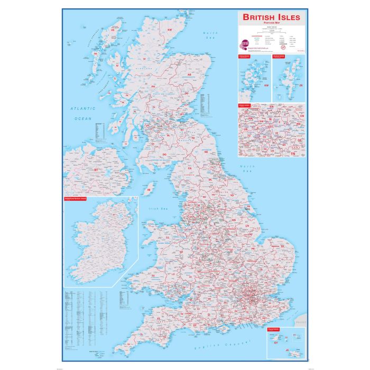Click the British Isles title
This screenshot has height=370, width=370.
click(271, 17)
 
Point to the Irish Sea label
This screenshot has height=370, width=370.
click(157, 209)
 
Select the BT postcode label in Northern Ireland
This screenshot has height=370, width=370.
click(96, 170)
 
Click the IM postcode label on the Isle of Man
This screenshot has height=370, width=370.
click(150, 189)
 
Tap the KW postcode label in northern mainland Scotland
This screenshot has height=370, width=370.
click(170, 30)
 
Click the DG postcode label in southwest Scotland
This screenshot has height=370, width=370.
click(164, 154)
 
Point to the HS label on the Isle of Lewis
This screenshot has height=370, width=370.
click(112, 30)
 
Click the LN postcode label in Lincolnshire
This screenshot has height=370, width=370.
click(246, 225)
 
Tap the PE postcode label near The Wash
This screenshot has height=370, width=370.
click(254, 247)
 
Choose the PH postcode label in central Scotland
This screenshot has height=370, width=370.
click(154, 86)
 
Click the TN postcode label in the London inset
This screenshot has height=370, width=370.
click(293, 153)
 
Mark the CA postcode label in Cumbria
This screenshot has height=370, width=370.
click(189, 168)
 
